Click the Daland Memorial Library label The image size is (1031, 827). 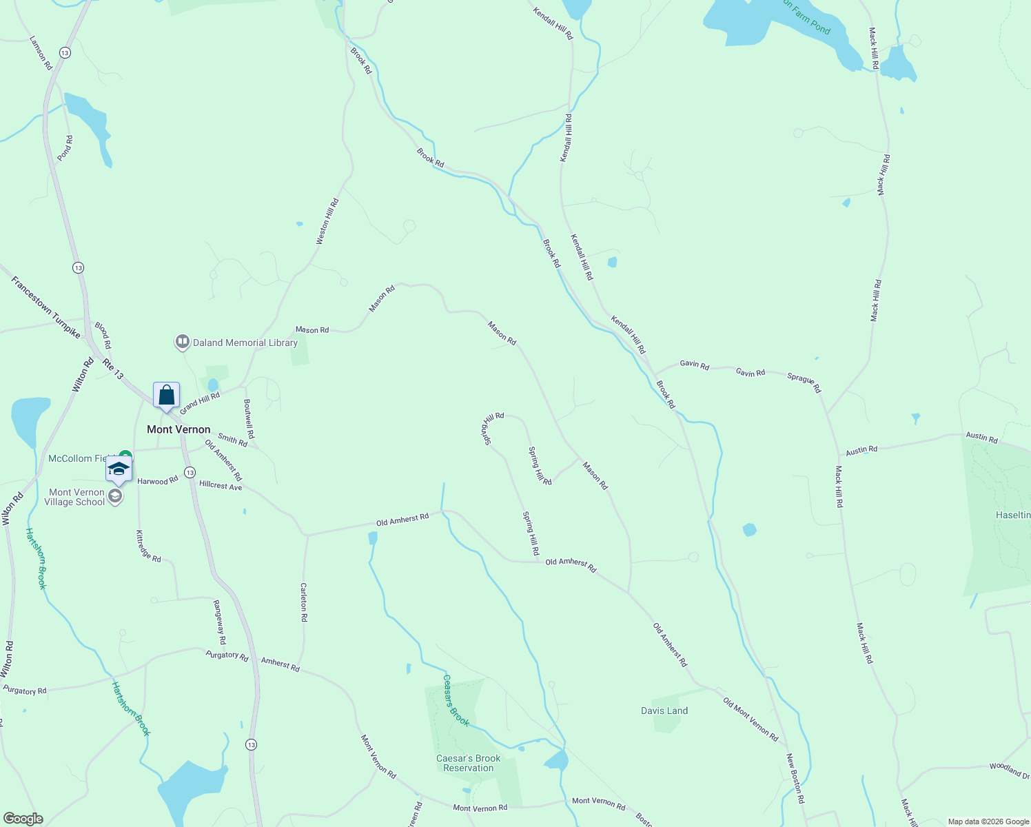(245, 343)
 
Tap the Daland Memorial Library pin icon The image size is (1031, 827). (182, 342)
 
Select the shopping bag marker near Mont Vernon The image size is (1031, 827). (166, 396)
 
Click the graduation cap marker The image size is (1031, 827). (119, 469)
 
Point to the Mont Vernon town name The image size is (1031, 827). (178, 429)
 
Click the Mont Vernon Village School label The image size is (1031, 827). (76, 497)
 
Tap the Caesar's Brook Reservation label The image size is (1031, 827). (469, 763)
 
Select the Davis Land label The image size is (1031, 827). (664, 711)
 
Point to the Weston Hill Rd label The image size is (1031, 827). (327, 222)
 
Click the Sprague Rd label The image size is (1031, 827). (804, 383)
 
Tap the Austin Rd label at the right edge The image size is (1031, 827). (981, 438)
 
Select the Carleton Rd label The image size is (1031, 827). (303, 602)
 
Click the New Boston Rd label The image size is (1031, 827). (795, 779)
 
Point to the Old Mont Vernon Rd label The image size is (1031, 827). (751, 719)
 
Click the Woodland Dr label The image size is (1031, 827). (1010, 770)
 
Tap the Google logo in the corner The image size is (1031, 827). (23, 819)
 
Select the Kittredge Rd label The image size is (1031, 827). (148, 547)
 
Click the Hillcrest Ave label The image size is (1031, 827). (221, 486)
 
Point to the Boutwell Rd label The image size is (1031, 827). (249, 419)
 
